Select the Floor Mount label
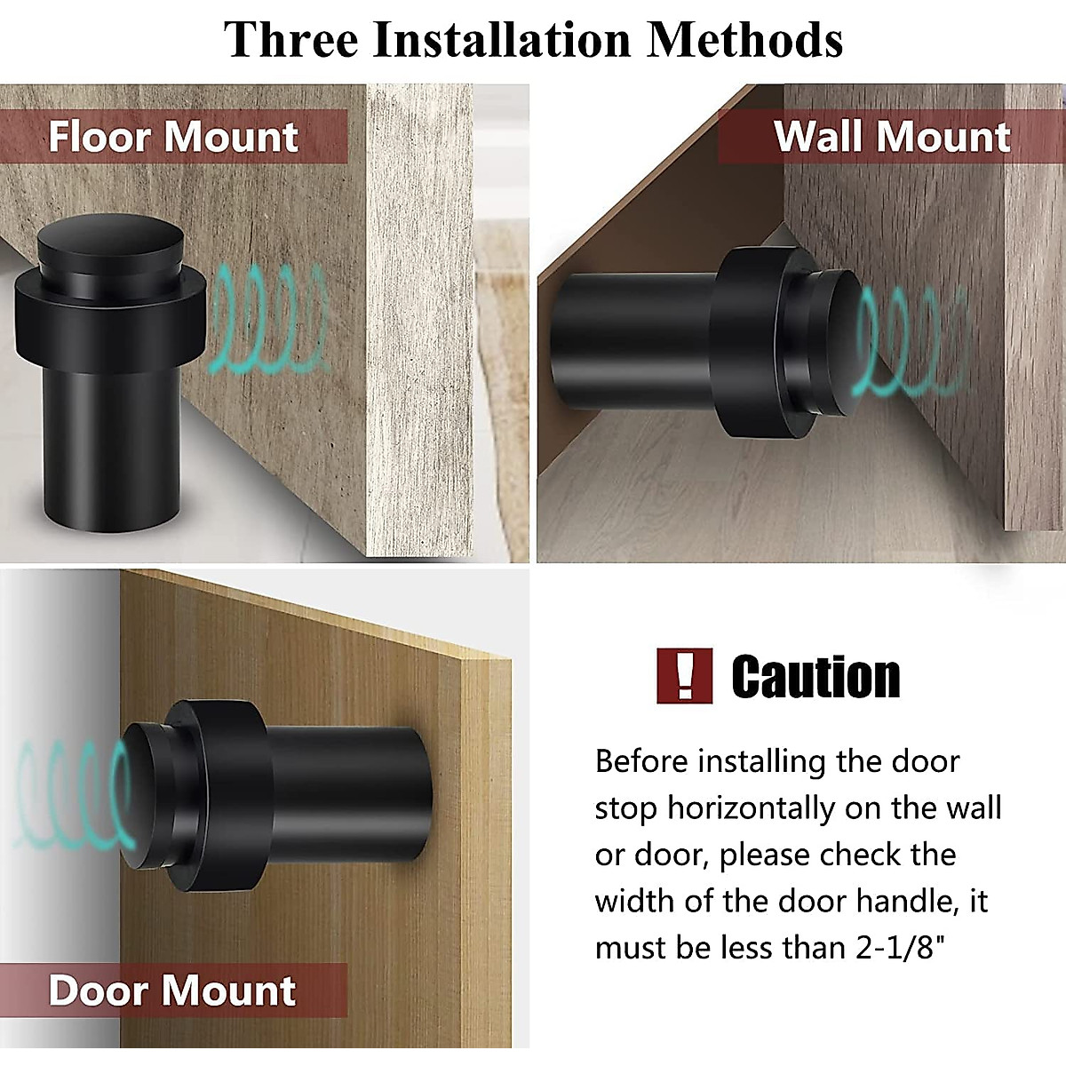(x=173, y=137)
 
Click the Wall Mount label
(x=892, y=137)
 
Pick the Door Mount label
(x=172, y=990)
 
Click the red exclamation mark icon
(x=684, y=676)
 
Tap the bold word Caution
(x=815, y=677)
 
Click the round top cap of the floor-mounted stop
(x=110, y=240)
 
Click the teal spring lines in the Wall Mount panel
(x=911, y=342)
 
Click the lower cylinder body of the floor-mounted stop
(x=112, y=444)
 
